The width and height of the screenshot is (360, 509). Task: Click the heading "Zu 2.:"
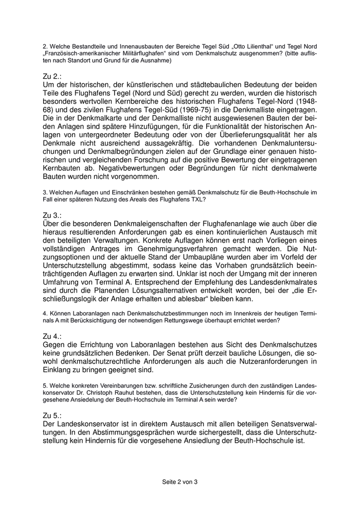pos(52,76)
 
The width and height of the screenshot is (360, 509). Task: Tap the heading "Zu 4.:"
pos(52,336)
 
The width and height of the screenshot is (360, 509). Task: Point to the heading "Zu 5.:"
pos(52,415)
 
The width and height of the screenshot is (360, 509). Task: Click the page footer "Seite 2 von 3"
pos(179,482)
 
